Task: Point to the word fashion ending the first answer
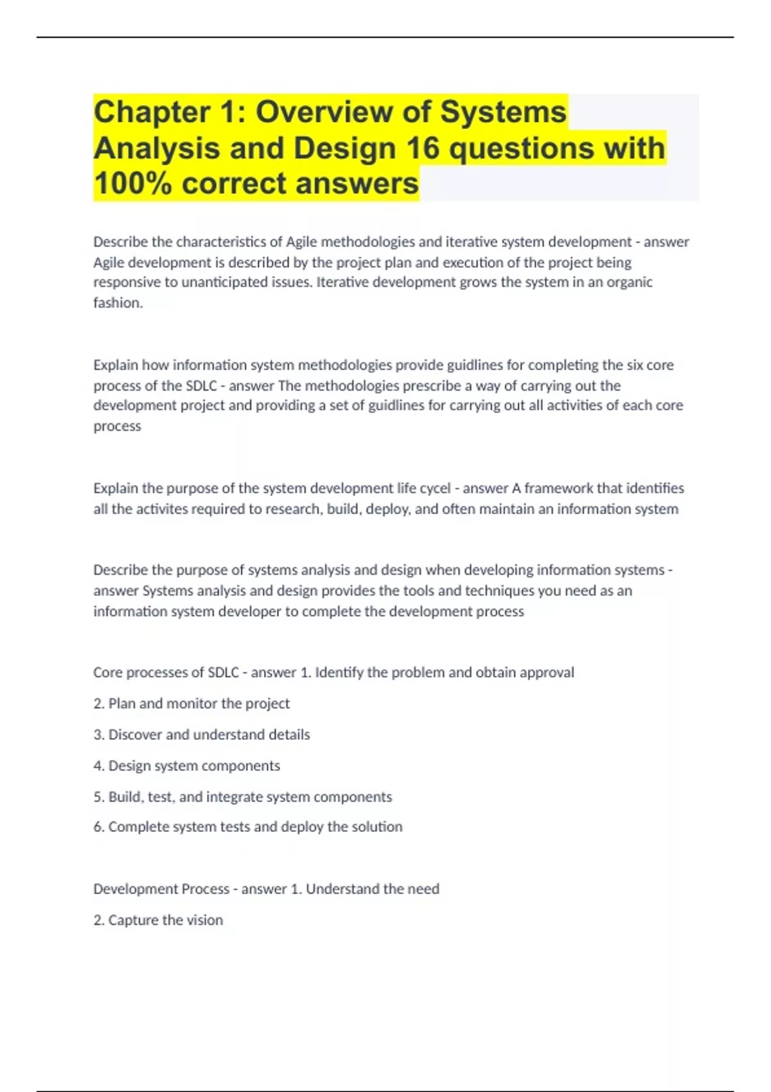pyautogui.click(x=118, y=303)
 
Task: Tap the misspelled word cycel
pyautogui.click(x=435, y=488)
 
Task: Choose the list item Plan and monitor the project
pyautogui.click(x=191, y=703)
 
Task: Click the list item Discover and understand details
pyautogui.click(x=202, y=734)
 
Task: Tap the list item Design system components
pyautogui.click(x=187, y=766)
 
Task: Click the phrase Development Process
pyautogui.click(x=161, y=889)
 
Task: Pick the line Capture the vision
pyautogui.click(x=158, y=920)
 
